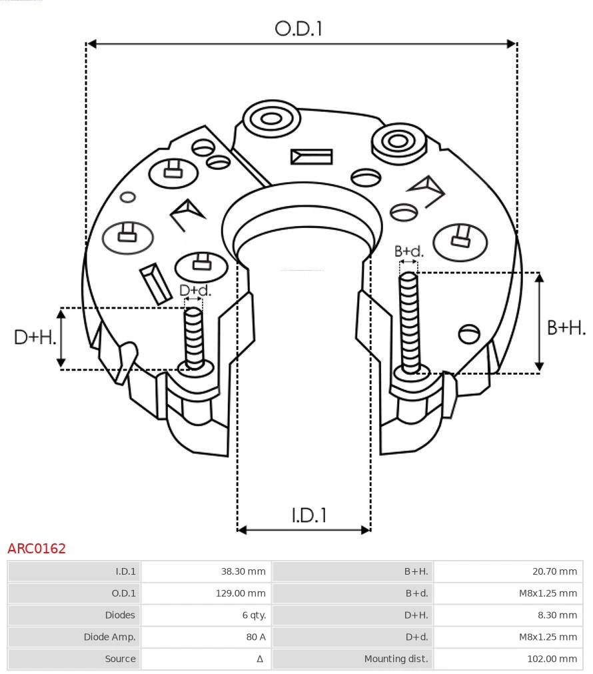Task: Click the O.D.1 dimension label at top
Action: tap(298, 28)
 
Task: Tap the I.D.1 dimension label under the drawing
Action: tap(308, 515)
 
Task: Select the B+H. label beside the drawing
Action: tap(566, 327)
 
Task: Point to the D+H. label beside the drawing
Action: tap(35, 337)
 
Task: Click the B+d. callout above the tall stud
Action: tap(408, 251)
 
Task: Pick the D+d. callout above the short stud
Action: tap(195, 291)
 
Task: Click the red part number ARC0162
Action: tap(37, 549)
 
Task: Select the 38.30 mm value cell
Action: tap(243, 571)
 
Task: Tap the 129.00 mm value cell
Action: tap(241, 593)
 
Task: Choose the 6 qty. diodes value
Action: tap(253, 615)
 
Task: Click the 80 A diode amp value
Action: tap(256, 637)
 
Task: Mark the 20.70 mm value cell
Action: tap(555, 571)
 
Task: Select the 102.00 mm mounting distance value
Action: tap(552, 659)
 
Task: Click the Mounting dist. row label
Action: tap(396, 659)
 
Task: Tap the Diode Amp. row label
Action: tap(109, 637)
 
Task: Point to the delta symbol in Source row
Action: tap(260, 659)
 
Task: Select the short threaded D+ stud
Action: tap(195, 337)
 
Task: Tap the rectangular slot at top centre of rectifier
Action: tap(311, 157)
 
